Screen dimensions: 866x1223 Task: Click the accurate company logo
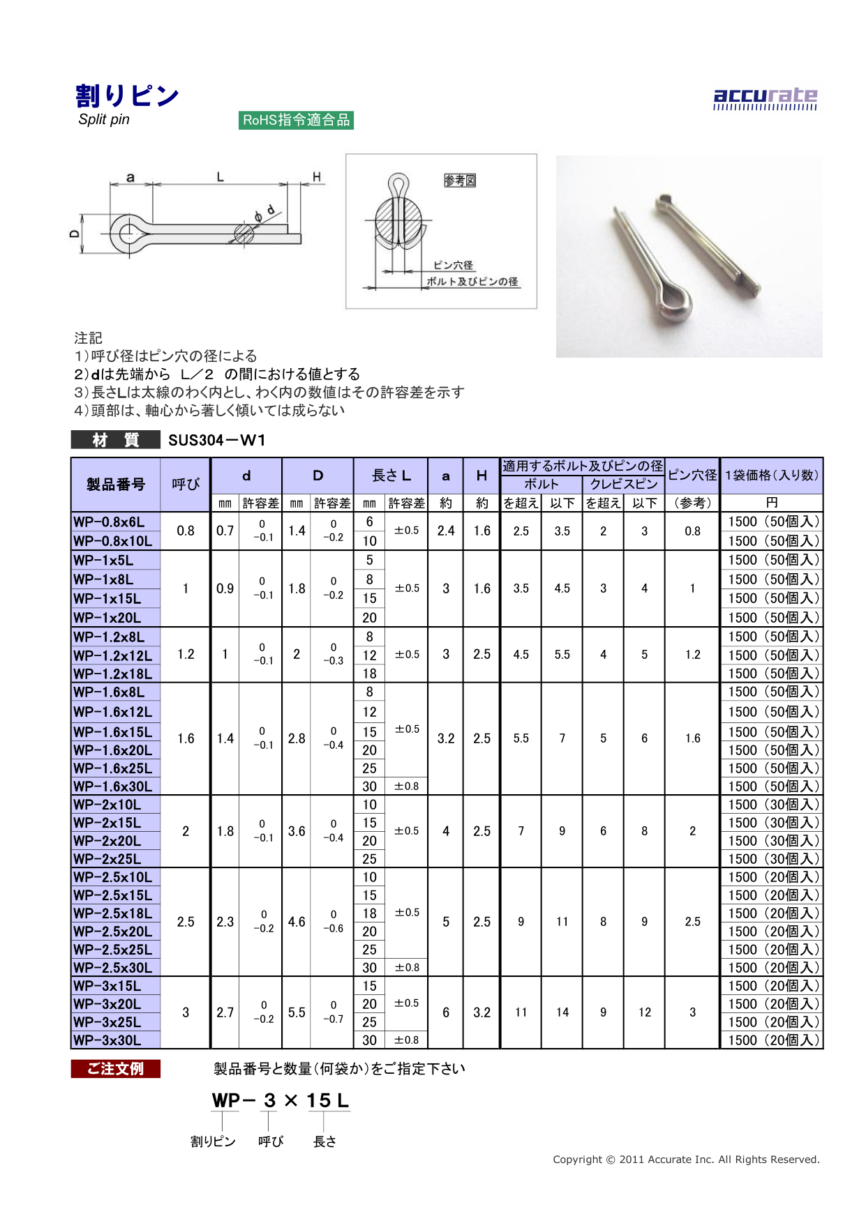point(765,99)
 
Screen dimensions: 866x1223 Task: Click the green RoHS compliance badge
point(296,120)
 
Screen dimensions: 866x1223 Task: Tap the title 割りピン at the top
point(127,96)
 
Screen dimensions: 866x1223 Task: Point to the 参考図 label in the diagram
point(460,181)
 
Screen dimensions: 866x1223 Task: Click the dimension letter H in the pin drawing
point(317,177)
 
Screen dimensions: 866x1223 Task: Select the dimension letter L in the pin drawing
point(220,177)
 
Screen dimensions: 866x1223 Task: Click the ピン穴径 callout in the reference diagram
point(453,265)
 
